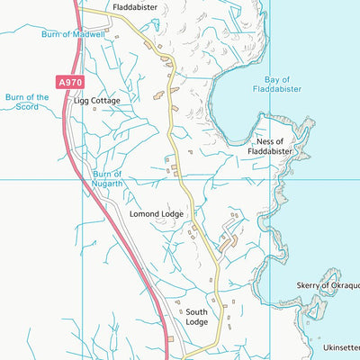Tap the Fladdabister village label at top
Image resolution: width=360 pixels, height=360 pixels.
[x=135, y=6]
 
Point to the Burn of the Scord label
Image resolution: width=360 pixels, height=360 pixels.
[x=27, y=101]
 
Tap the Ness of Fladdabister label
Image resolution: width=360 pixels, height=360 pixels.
[x=271, y=147]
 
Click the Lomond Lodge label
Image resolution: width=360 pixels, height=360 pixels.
[x=157, y=214]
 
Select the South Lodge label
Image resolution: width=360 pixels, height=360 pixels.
[x=196, y=317]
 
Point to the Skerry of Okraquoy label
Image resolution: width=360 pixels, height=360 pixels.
[x=328, y=285]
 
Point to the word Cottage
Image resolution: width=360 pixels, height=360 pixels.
[x=104, y=101]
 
